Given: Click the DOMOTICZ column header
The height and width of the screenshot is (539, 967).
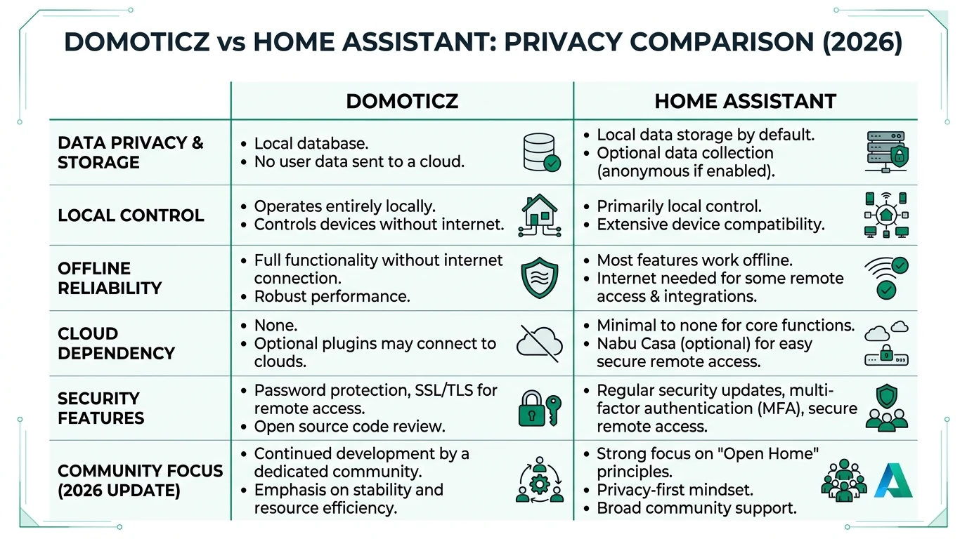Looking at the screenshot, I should coord(402,101).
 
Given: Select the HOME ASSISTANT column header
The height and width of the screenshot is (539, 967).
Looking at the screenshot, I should coord(745,101).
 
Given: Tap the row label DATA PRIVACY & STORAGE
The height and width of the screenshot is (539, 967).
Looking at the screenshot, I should coord(131,152).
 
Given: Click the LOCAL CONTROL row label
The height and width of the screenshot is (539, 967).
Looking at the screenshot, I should coord(131,215).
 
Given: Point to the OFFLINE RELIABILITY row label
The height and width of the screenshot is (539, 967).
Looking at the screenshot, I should coord(110,278).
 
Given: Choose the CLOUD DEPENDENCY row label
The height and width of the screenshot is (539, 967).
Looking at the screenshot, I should coord(116,343).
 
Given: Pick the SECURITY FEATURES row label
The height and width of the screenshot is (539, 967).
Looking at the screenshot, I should coord(101,408).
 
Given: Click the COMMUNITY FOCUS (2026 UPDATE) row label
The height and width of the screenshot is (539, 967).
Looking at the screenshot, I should coord(140,480).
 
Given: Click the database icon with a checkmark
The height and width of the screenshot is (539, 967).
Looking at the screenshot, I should coord(542,152).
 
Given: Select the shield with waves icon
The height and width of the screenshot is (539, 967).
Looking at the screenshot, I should coord(539,278).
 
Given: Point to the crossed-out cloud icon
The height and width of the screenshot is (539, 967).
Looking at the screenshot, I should coord(539,343).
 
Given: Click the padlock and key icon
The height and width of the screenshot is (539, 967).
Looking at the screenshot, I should coord(539,408).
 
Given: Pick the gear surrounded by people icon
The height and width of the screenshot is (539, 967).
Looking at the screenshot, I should coord(539,480).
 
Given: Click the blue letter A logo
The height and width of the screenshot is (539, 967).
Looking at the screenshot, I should coord(893,480).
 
